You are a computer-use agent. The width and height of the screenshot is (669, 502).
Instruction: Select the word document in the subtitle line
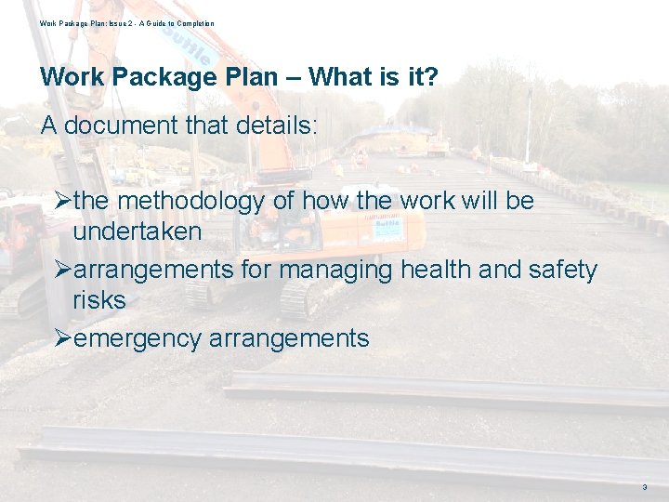point(125,125)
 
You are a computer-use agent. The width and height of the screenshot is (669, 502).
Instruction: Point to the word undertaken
point(137,231)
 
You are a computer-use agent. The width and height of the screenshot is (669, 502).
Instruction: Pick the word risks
point(98,300)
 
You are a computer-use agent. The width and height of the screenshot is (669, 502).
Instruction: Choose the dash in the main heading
point(293,77)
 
